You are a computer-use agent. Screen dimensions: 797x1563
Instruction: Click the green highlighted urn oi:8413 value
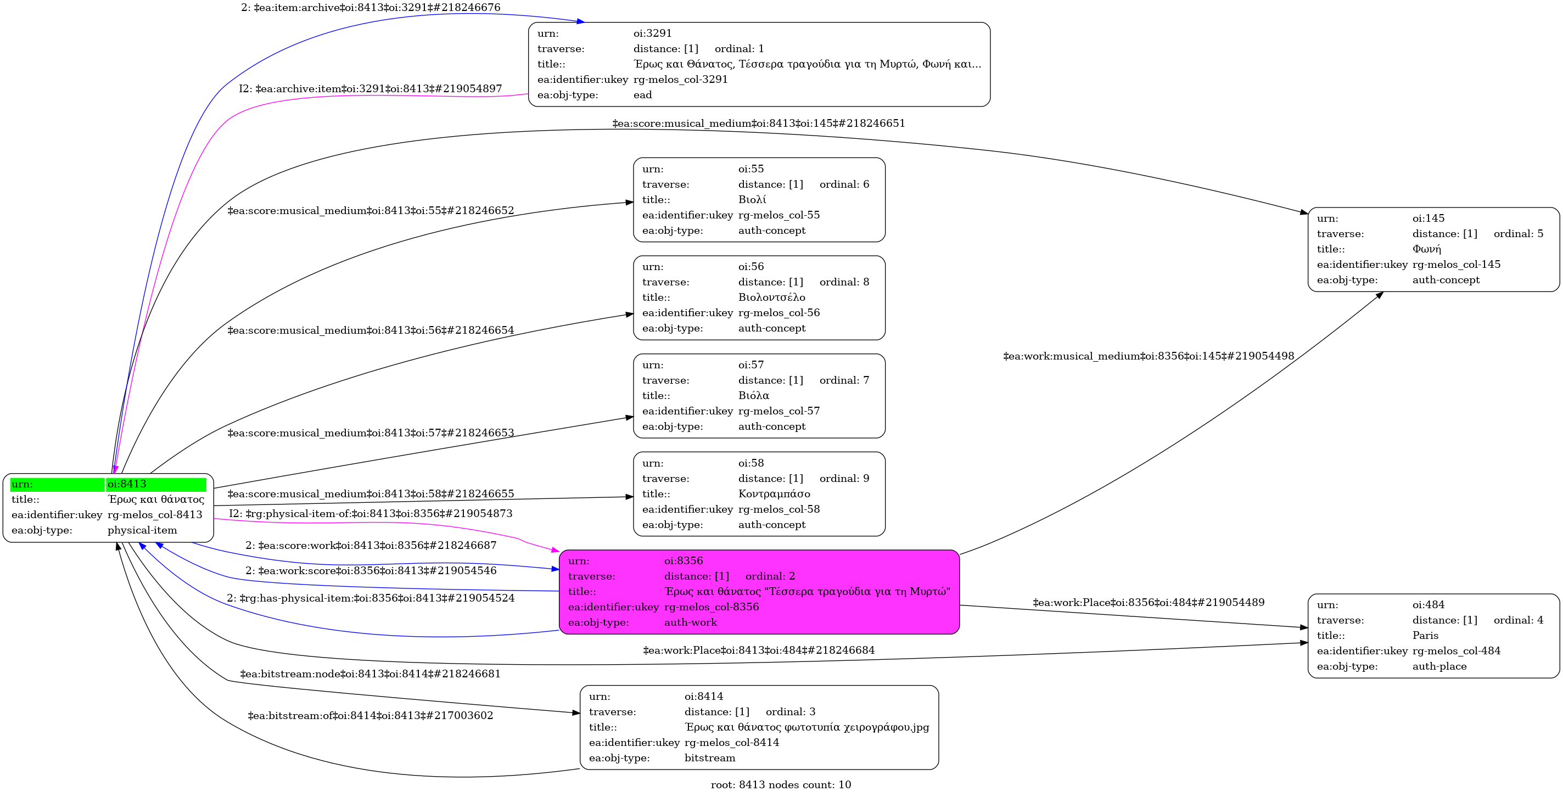(x=127, y=484)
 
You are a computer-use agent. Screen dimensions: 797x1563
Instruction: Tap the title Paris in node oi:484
(x=1425, y=636)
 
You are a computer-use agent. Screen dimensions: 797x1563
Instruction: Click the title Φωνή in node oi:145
(x=1426, y=249)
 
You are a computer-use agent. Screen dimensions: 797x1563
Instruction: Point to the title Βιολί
(x=752, y=200)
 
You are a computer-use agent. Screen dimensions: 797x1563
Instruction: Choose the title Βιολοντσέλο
(x=771, y=297)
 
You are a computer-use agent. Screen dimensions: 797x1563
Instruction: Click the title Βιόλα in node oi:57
(x=753, y=395)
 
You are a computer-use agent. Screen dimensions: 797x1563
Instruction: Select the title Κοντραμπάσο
(x=774, y=493)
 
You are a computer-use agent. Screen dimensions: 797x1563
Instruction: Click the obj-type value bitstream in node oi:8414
(x=709, y=758)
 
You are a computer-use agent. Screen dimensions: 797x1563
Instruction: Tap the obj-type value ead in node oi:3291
(x=642, y=94)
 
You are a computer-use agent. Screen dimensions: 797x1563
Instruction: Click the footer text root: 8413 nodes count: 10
(x=780, y=785)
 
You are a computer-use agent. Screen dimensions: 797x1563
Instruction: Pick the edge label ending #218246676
(x=370, y=7)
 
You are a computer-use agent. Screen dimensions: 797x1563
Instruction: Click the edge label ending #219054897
(x=370, y=88)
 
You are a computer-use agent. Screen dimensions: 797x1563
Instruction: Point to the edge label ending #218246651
(x=759, y=123)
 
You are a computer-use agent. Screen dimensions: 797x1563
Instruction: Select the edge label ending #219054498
(x=1148, y=356)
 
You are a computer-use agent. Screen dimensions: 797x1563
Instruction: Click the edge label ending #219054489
(x=1148, y=602)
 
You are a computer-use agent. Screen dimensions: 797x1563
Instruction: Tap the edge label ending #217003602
(x=370, y=716)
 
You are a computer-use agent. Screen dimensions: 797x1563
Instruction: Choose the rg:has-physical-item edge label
(x=370, y=598)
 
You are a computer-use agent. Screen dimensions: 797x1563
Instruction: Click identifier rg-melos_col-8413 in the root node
(x=155, y=515)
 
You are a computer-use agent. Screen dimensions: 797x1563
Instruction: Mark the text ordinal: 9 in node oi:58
(x=844, y=479)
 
